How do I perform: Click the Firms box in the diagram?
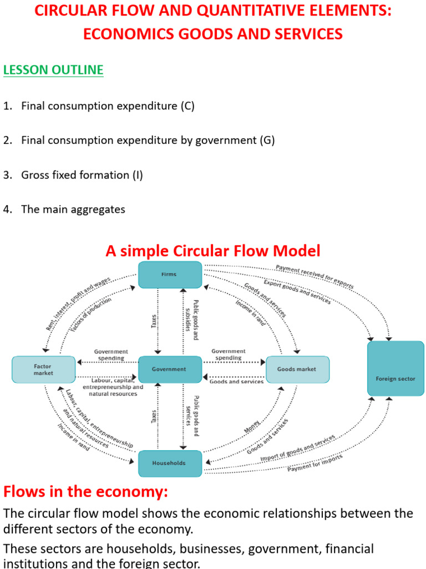pyautogui.click(x=170, y=274)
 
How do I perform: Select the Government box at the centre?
pyautogui.click(x=170, y=369)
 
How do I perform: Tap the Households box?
pyautogui.click(x=170, y=463)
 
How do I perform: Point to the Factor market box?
pyautogui.click(x=43, y=370)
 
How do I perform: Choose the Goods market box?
pyautogui.click(x=297, y=370)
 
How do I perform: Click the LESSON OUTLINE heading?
pyautogui.click(x=53, y=70)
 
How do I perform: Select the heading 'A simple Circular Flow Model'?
pyautogui.click(x=213, y=251)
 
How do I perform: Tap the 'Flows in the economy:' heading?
pyautogui.click(x=85, y=492)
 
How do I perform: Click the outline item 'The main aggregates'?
pyautogui.click(x=73, y=209)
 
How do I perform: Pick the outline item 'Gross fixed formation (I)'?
pyautogui.click(x=82, y=175)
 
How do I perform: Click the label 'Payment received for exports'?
pyautogui.click(x=315, y=277)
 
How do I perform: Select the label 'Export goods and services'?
pyautogui.click(x=297, y=292)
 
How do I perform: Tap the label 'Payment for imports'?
pyautogui.click(x=315, y=463)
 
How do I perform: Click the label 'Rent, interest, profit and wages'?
pyautogui.click(x=78, y=304)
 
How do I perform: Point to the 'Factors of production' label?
pyautogui.click(x=91, y=315)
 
